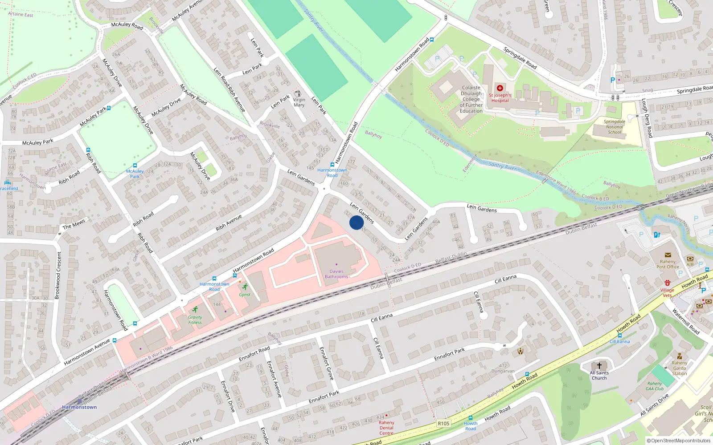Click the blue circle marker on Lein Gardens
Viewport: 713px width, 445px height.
click(x=356, y=222)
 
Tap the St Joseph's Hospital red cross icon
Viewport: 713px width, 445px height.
click(x=500, y=88)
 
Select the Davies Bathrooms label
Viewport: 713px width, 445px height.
click(x=336, y=274)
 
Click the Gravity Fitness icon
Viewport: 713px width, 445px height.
click(x=195, y=310)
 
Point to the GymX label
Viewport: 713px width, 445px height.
click(x=245, y=295)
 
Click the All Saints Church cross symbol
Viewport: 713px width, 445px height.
click(x=599, y=366)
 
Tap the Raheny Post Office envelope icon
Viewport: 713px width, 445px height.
click(x=668, y=255)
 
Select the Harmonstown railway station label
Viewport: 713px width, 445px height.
click(x=79, y=407)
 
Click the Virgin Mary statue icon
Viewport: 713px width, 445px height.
click(x=299, y=93)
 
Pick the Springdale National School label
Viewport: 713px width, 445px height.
click(x=615, y=127)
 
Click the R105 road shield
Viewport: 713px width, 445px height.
click(x=443, y=423)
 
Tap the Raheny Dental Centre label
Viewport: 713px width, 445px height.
click(x=386, y=428)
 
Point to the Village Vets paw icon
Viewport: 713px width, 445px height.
click(x=667, y=283)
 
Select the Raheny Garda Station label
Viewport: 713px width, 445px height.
click(x=680, y=368)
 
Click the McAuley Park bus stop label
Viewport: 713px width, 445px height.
click(x=135, y=174)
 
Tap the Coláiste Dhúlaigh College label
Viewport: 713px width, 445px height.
click(x=471, y=99)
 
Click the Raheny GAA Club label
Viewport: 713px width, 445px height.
click(x=655, y=386)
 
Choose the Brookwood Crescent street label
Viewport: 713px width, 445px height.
click(x=58, y=275)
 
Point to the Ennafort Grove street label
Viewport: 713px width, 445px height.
click(x=327, y=364)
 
